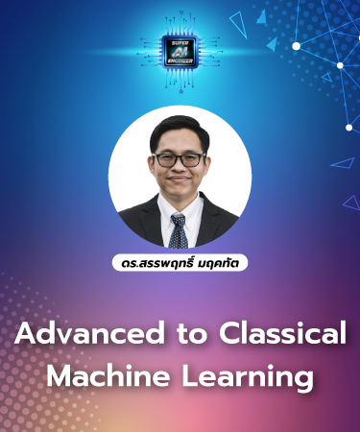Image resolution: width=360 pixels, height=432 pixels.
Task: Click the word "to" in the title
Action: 183,336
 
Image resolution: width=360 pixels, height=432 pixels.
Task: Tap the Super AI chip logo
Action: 180,51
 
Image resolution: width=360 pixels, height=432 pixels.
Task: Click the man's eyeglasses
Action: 179,158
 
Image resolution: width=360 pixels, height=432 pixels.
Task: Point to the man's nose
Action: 179,171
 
